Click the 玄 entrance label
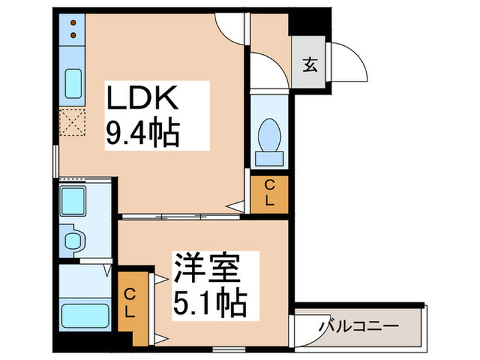pyautogui.click(x=310, y=66)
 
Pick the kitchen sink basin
pyautogui.click(x=72, y=84)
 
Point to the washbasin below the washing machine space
pyautogui.click(x=73, y=239)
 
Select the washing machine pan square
pyautogui.click(x=73, y=200)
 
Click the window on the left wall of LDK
pyautogui.click(x=55, y=165)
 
